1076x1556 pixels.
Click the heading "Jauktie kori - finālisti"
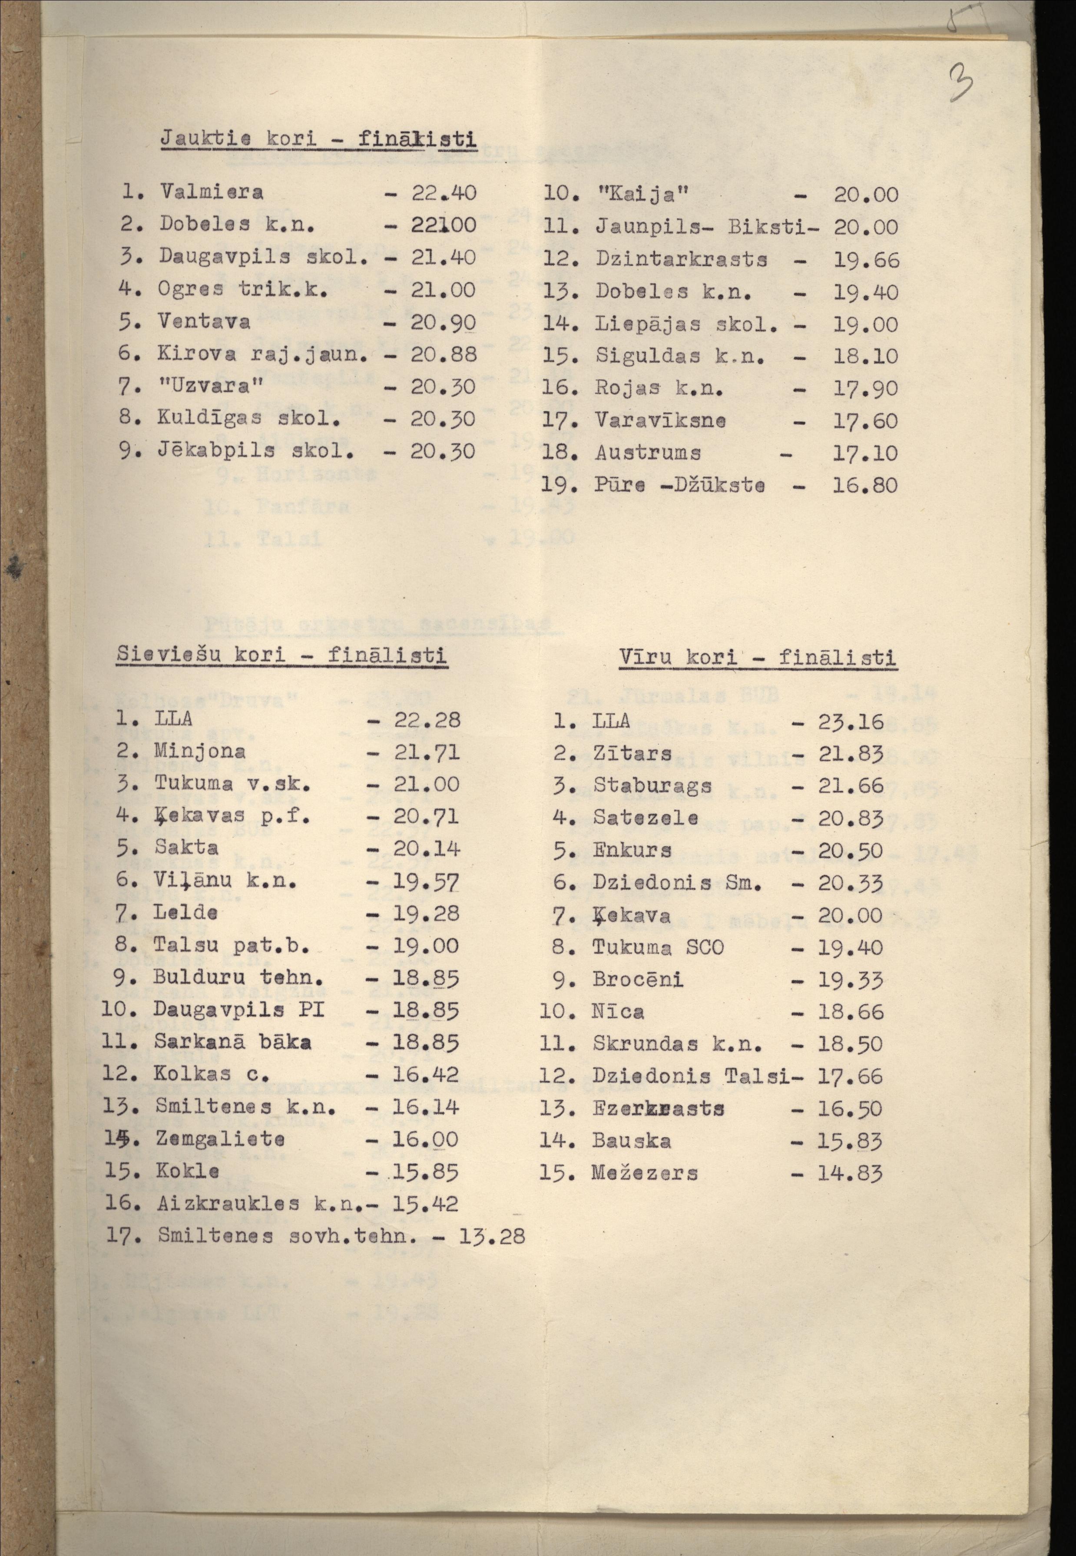(x=318, y=139)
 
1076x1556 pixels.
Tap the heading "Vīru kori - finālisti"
(x=757, y=657)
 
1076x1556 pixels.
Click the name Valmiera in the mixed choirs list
(x=211, y=192)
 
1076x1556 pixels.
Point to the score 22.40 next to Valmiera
(x=444, y=193)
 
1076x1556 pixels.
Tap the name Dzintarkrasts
(x=681, y=260)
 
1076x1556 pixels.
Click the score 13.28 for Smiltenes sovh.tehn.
(x=491, y=1236)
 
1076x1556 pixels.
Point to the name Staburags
(x=652, y=785)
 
